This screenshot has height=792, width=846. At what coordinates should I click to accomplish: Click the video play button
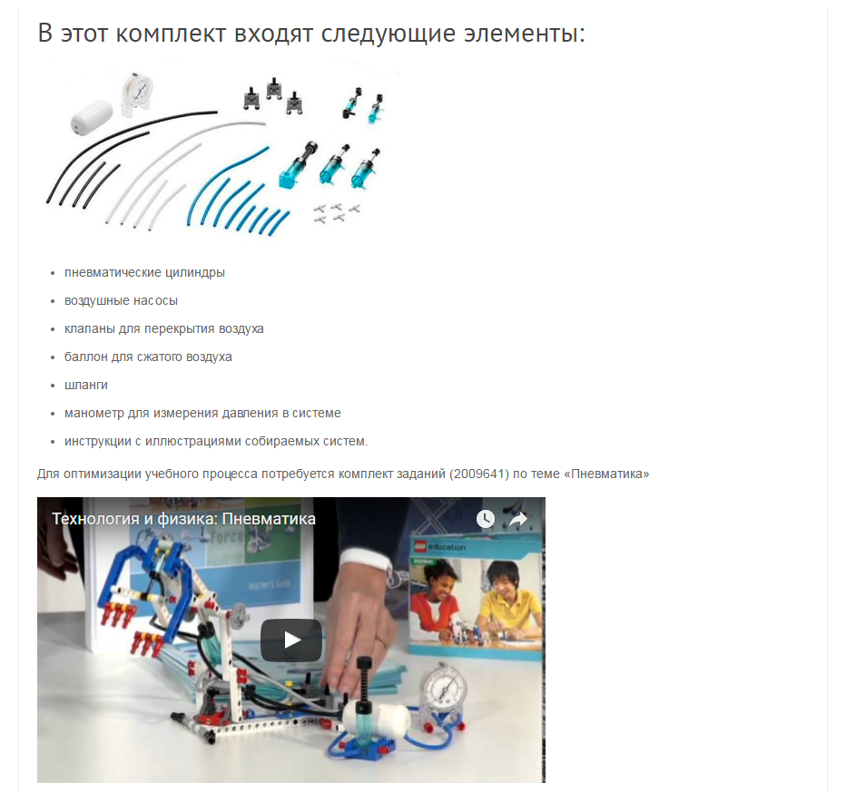291,640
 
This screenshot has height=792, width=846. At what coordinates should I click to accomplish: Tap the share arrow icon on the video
517,519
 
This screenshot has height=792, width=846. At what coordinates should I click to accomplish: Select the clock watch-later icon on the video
486,519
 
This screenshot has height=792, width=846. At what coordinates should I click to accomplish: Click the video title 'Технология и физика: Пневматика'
183,519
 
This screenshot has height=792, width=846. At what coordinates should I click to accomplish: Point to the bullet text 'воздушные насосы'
121,300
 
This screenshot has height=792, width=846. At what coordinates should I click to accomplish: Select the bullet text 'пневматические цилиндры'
144,272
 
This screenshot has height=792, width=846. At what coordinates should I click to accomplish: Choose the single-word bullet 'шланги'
86,385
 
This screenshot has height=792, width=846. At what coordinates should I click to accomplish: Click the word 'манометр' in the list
92,413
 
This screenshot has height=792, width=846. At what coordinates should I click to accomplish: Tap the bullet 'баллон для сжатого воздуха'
148,357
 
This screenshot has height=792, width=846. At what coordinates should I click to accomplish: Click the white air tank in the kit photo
91,114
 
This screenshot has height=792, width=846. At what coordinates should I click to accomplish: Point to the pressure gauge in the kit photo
139,91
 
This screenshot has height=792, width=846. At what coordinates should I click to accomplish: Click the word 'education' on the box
449,547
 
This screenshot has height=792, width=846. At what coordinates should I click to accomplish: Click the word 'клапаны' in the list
90,328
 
